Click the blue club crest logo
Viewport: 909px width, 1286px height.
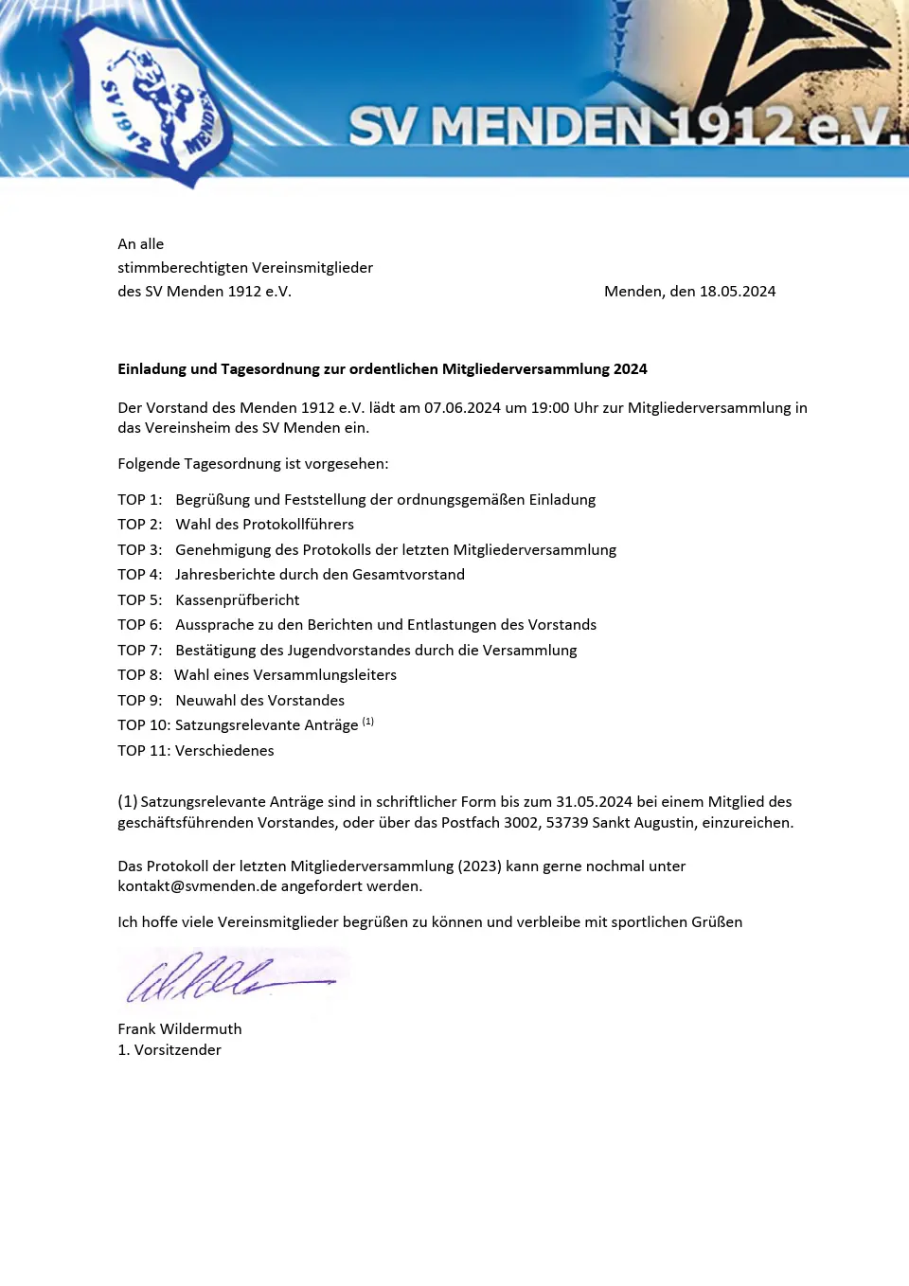click(151, 102)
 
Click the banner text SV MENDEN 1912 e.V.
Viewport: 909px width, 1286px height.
click(625, 126)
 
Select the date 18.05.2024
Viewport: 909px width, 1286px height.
click(737, 292)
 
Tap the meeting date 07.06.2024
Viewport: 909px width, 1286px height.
click(462, 408)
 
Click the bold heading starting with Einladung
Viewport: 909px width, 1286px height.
click(382, 369)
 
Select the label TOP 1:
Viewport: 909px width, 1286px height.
click(139, 500)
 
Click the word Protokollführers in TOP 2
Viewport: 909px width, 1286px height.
click(297, 525)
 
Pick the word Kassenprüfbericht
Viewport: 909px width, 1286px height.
click(237, 600)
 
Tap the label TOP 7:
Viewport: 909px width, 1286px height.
click(139, 651)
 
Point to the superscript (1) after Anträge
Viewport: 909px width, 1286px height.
click(368, 722)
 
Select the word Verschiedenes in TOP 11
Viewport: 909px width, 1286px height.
click(224, 751)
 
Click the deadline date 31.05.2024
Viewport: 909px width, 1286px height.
click(594, 802)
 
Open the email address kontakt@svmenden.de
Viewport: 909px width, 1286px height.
click(197, 886)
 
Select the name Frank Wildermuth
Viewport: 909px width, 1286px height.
click(179, 1029)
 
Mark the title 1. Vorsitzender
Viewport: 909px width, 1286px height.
click(169, 1050)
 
